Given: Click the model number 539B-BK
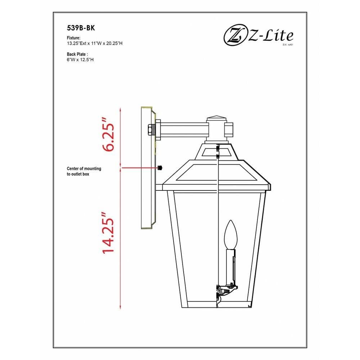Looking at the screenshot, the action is point(81,28).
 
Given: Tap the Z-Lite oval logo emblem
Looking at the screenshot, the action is point(234,36).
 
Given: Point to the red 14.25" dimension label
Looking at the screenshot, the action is point(108,233).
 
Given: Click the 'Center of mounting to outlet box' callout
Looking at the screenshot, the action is point(84,171).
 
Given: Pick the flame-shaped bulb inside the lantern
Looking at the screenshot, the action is point(230,235).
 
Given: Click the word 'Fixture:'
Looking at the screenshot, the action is point(74,38).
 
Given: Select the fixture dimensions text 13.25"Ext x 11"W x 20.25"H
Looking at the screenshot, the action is point(95,43).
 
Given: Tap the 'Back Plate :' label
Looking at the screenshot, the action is point(77,54).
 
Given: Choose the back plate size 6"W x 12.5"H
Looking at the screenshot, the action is point(80,60).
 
